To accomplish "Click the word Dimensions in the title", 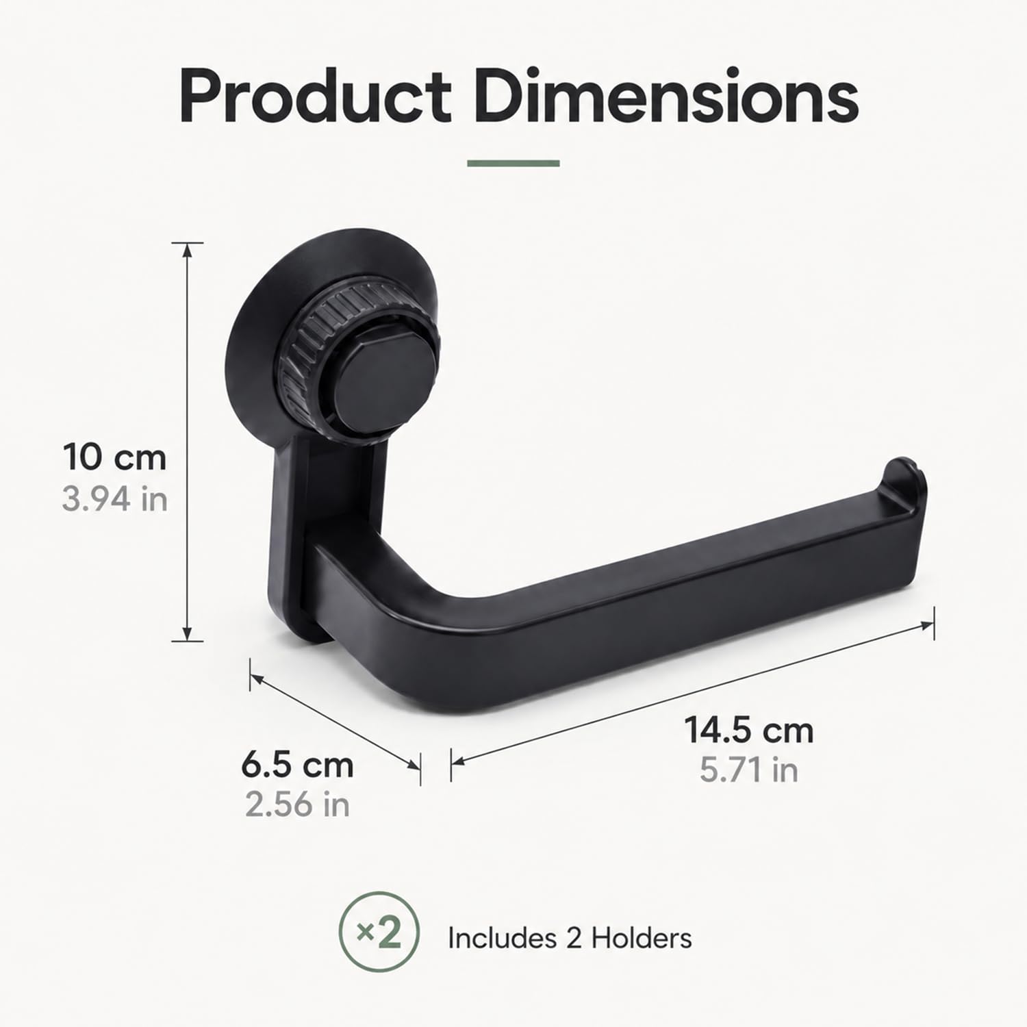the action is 666,96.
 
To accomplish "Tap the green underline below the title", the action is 513,163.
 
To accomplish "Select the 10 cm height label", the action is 115,457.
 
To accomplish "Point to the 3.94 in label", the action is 115,498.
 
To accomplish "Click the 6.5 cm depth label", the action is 298,765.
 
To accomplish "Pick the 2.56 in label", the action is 298,804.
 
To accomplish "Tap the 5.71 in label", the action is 749,770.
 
